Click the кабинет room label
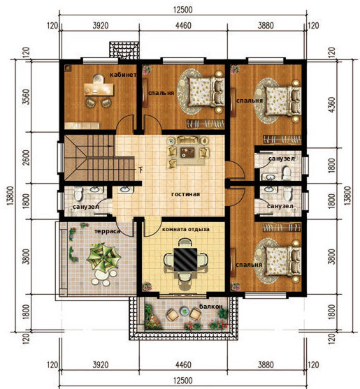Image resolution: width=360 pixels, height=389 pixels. click(123, 75)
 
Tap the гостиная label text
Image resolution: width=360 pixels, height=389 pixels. click(185, 194)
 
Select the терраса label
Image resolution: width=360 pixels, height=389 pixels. click(107, 231)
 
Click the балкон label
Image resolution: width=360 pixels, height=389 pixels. click(211, 307)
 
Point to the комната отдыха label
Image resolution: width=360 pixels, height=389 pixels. click(186, 229)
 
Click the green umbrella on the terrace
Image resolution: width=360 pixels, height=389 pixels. click(103, 258)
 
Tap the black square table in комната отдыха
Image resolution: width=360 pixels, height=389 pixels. click(185, 259)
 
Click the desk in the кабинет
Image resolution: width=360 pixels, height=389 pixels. click(99, 89)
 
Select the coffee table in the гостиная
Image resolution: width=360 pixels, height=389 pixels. click(188, 152)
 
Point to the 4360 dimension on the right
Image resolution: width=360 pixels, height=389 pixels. click(331, 105)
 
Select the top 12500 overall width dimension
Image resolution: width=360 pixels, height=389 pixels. click(183, 10)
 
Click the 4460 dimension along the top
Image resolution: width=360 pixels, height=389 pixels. click(183, 26)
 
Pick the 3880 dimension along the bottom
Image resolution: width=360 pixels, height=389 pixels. click(266, 365)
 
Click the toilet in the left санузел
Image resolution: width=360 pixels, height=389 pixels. click(78, 193)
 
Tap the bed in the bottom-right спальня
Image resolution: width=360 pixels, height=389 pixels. click(283, 261)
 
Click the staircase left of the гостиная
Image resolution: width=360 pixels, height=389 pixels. click(99, 158)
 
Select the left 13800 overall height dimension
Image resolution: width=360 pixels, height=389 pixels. click(10, 196)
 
